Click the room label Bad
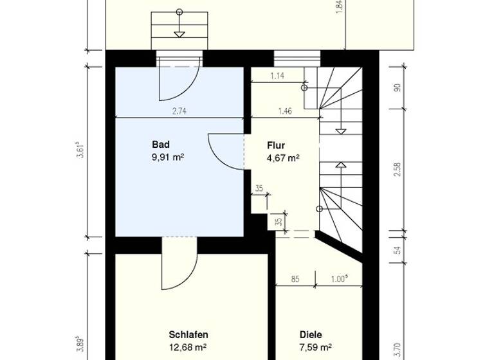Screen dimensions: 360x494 (160, 144)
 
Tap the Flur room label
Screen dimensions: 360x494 (276, 145)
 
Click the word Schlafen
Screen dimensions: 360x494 (188, 335)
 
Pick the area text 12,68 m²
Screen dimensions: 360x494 (188, 348)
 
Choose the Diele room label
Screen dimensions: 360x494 (311, 335)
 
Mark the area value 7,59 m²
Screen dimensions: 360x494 (315, 348)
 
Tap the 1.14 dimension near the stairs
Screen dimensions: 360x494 (277, 76)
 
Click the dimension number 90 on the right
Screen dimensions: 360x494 (398, 88)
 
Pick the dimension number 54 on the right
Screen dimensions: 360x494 (398, 250)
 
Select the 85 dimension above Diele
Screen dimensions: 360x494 (295, 279)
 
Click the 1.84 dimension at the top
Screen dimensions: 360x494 (339, 8)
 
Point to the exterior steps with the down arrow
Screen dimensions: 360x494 (178, 29)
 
